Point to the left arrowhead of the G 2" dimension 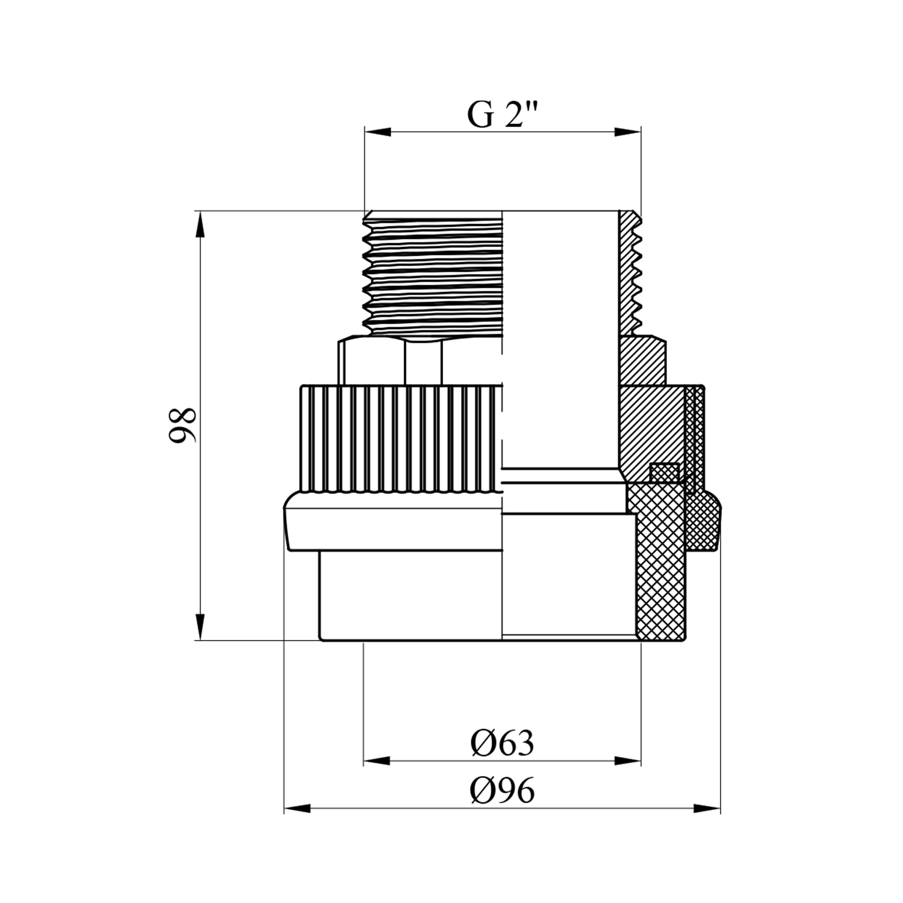pos(378,132)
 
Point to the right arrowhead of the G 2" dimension pos(627,132)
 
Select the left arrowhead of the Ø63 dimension pos(377,762)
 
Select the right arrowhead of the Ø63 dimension pos(627,762)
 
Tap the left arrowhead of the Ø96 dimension pos(297,808)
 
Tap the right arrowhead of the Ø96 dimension pos(707,808)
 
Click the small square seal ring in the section pos(664,471)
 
